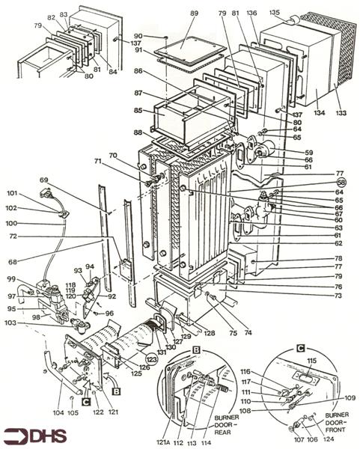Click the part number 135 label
point(275,13)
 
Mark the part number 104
point(58,412)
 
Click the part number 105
point(73,412)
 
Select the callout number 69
point(43,180)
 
